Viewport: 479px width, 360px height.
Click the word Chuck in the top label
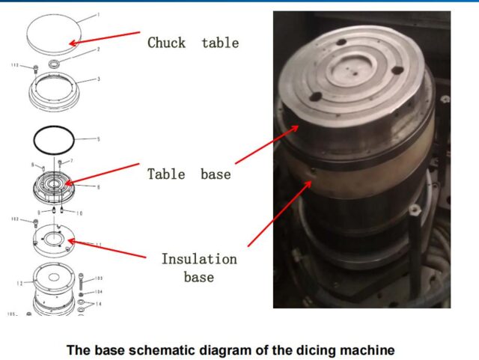166,43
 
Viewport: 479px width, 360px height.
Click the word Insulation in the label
199,259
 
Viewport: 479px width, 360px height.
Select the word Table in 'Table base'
165,174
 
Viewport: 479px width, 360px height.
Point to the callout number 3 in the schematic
99,79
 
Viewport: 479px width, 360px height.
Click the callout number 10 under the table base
79,213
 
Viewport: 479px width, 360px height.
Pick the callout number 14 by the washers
99,305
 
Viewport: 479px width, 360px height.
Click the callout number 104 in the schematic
99,292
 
